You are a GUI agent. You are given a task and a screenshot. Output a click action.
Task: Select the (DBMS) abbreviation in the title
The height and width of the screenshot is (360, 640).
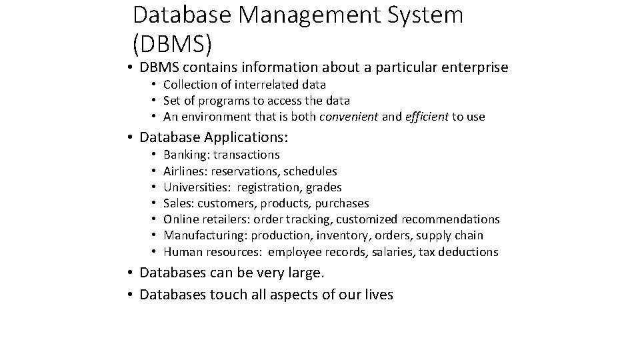pyautogui.click(x=173, y=43)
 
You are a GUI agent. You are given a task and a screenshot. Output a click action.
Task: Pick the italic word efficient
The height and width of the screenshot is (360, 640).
pyautogui.click(x=426, y=117)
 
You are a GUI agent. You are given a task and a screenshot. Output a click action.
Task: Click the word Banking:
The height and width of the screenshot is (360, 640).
pyautogui.click(x=186, y=155)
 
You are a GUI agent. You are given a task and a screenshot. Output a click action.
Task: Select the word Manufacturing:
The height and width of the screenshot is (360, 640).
pyautogui.click(x=204, y=235)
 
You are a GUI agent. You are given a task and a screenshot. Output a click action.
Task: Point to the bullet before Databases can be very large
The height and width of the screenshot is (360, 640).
pyautogui.click(x=132, y=273)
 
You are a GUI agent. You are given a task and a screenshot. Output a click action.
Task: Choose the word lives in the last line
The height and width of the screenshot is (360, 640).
pyautogui.click(x=378, y=295)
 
